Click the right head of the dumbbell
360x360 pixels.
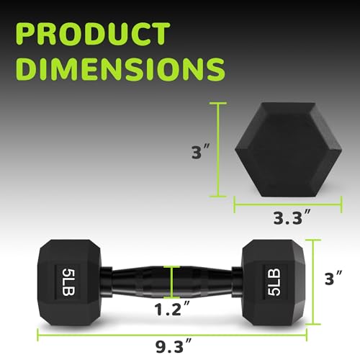273,274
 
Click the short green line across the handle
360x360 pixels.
171,280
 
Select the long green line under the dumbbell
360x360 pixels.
172,333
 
